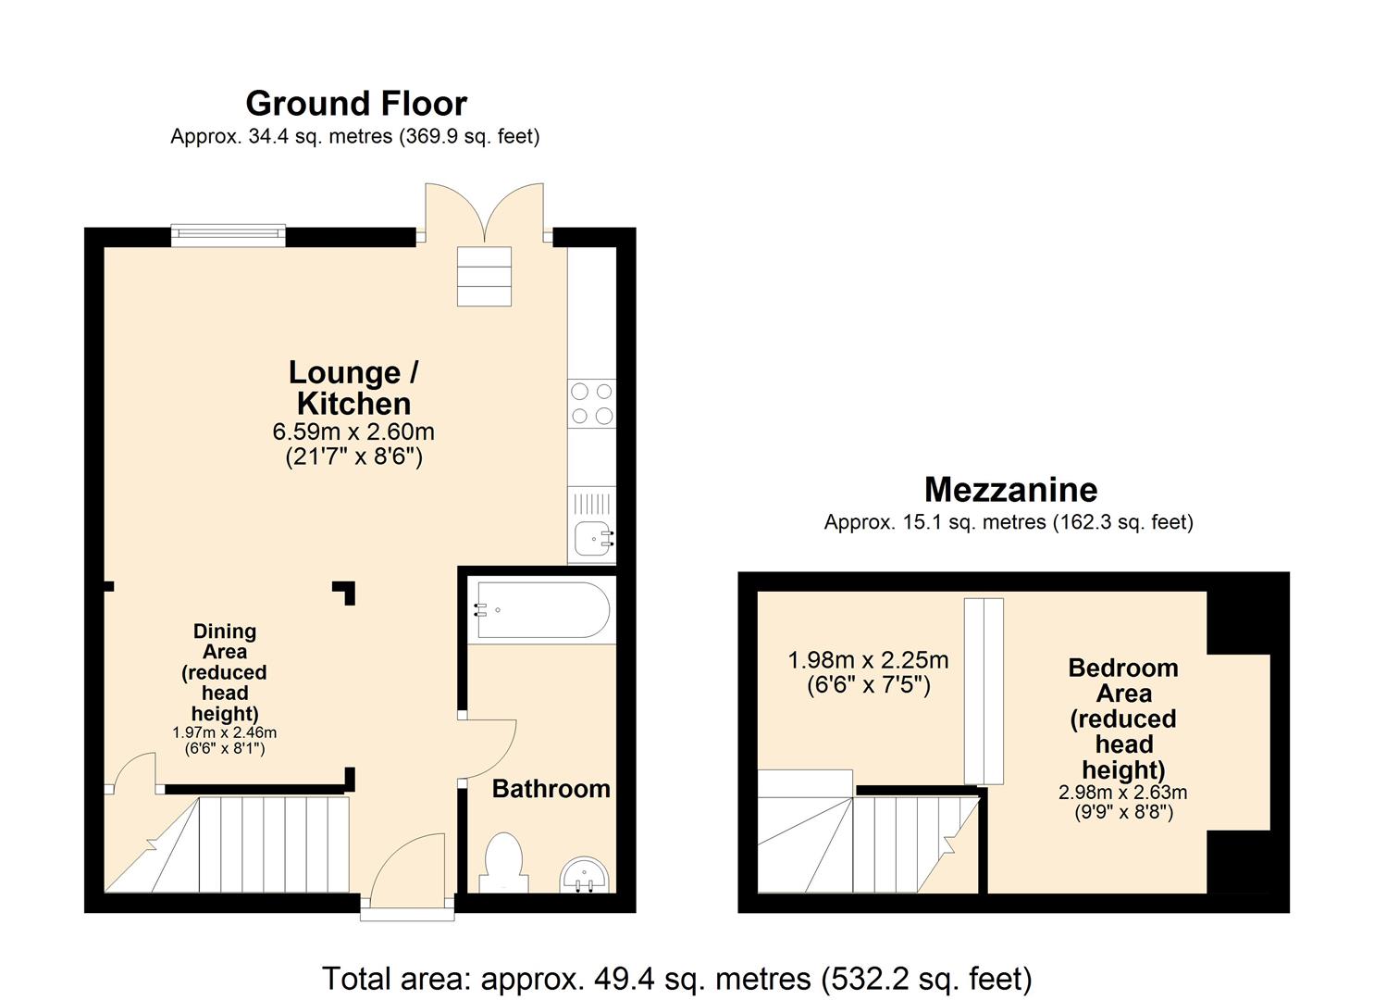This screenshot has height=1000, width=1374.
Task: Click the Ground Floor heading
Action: [356, 103]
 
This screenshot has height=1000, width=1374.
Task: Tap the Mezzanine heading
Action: [1010, 489]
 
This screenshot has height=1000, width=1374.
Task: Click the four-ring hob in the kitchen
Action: [591, 404]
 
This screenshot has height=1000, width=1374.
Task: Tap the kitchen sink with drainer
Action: [592, 525]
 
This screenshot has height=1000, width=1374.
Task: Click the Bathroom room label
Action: [551, 789]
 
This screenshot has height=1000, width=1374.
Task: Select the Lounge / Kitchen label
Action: [353, 388]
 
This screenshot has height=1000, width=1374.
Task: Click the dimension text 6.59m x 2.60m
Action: [353, 431]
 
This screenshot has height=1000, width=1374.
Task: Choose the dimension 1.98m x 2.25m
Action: [868, 660]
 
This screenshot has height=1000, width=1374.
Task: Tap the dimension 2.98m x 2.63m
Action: [1122, 793]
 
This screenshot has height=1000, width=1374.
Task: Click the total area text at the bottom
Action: [676, 978]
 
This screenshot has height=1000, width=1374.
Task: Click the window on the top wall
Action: [229, 235]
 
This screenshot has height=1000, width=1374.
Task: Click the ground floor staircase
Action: [250, 844]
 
